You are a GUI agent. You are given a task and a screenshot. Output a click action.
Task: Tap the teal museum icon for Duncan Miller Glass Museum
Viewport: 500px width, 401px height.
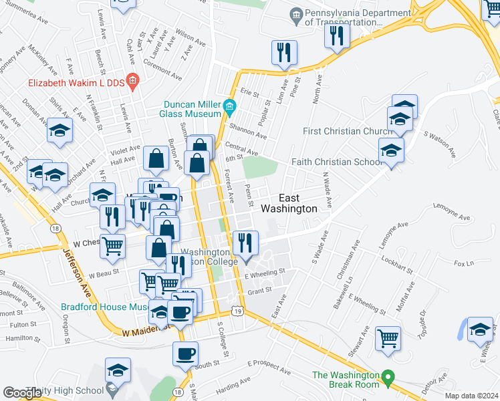click(x=230, y=106)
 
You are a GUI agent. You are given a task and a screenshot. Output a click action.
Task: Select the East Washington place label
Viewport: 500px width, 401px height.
click(x=297, y=203)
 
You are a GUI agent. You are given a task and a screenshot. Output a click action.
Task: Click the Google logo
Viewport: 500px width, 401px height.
click(x=23, y=392)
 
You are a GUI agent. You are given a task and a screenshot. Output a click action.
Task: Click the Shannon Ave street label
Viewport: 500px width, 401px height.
click(x=248, y=131)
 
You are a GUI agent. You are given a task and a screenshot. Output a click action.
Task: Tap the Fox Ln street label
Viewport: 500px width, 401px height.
click(x=460, y=263)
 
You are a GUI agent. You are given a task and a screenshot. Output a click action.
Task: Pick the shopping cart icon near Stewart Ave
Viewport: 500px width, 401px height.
click(x=388, y=338)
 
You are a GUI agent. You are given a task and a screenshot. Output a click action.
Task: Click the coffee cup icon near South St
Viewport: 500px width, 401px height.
click(x=186, y=352)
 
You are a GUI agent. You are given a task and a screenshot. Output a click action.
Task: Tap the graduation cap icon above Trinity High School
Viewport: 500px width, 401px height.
click(x=118, y=370)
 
